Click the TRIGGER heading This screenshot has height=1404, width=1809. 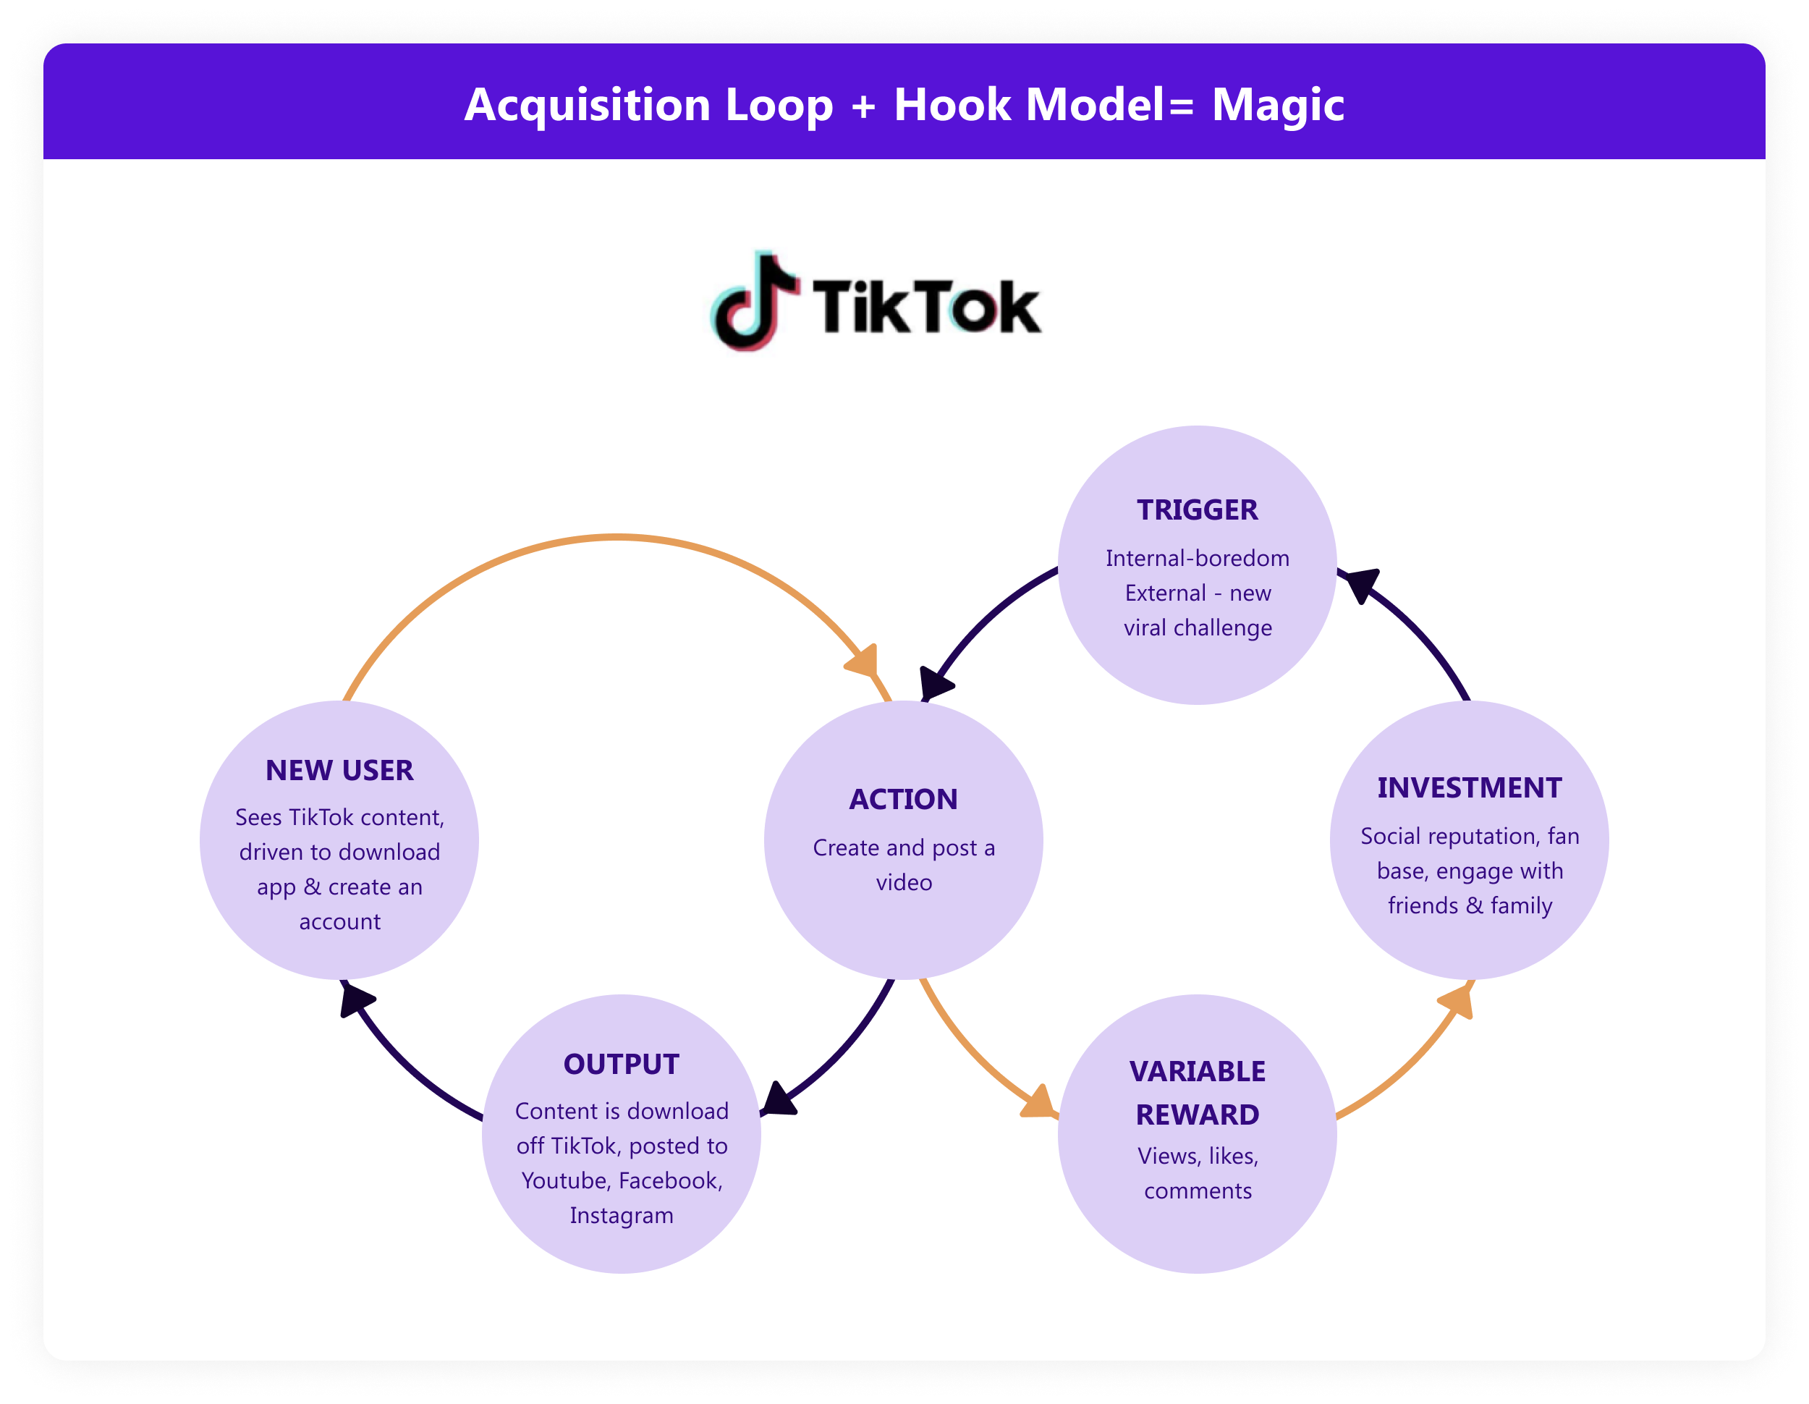(x=1197, y=509)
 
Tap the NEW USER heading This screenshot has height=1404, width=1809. (x=339, y=770)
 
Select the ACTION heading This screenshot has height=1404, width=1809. (x=904, y=799)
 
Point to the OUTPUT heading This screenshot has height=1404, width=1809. (x=622, y=1065)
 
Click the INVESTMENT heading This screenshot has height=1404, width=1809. (x=1470, y=787)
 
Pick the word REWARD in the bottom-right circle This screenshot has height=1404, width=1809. (x=1197, y=1115)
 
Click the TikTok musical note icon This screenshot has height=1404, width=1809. (x=754, y=303)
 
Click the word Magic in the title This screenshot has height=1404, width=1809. (x=1277, y=105)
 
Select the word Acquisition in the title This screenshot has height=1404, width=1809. (x=588, y=105)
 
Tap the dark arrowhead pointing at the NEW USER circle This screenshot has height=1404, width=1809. (x=356, y=998)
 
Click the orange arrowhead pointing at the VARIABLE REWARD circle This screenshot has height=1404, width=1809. (x=1037, y=1101)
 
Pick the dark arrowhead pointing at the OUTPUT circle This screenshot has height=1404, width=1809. (x=779, y=1100)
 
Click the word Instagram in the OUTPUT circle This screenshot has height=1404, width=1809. (x=622, y=1215)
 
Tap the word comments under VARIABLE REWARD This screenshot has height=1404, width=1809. (x=1198, y=1191)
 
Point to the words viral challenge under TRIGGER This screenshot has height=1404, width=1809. (x=1198, y=628)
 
